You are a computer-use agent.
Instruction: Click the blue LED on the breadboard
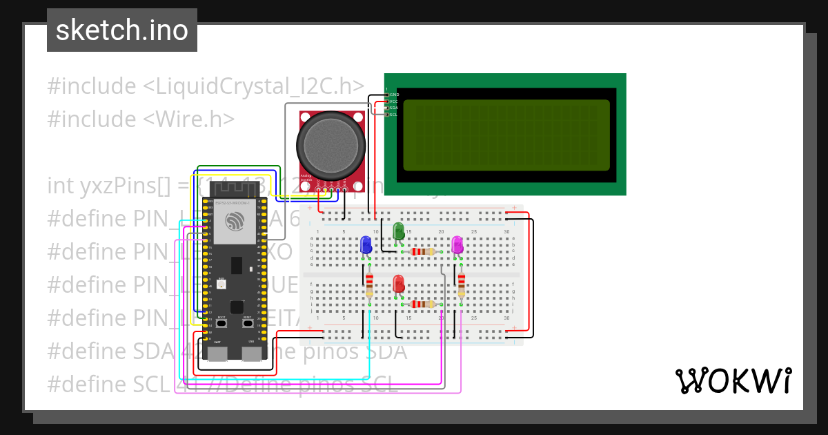pyautogui.click(x=366, y=244)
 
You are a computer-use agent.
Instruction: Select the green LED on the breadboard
pyautogui.click(x=398, y=231)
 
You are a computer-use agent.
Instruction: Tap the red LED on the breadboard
pyautogui.click(x=398, y=283)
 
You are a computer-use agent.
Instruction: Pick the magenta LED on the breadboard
pyautogui.click(x=457, y=244)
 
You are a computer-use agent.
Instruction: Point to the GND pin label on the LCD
pyautogui.click(x=395, y=95)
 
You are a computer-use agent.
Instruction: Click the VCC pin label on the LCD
pyautogui.click(x=395, y=101)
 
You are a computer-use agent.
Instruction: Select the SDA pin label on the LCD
pyautogui.click(x=395, y=108)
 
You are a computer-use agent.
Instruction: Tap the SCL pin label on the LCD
pyautogui.click(x=394, y=115)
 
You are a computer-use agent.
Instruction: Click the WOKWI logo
pyautogui.click(x=733, y=380)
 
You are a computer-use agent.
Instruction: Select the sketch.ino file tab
pyautogui.click(x=122, y=30)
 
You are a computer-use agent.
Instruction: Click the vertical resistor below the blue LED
pyautogui.click(x=369, y=283)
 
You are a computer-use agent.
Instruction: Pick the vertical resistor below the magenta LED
pyautogui.click(x=461, y=283)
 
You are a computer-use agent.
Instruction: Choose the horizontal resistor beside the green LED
pyautogui.click(x=422, y=251)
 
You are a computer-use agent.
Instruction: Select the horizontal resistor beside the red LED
pyautogui.click(x=422, y=304)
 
